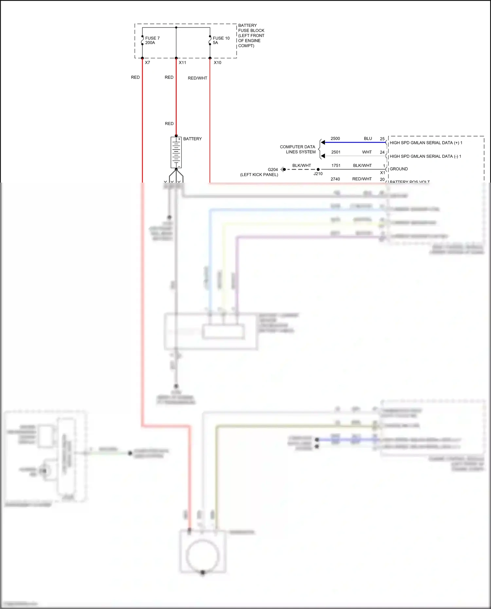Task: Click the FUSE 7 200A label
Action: [x=152, y=41]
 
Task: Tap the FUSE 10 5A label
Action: [x=221, y=41]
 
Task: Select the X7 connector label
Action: [x=148, y=63]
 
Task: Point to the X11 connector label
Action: [x=182, y=63]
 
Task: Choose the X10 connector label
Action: [x=217, y=63]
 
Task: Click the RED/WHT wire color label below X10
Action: [x=197, y=78]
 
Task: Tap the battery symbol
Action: [x=176, y=152]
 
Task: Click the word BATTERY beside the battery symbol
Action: [x=192, y=139]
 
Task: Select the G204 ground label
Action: [x=273, y=170]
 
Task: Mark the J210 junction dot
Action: [x=318, y=170]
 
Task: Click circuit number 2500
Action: [x=335, y=138]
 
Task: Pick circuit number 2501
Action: [x=336, y=152]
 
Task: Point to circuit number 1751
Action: [x=336, y=166]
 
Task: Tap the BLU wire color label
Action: [x=368, y=138]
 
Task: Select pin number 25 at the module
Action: [x=382, y=139]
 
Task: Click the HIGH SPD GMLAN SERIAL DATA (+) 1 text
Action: [x=426, y=143]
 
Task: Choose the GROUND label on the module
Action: [x=399, y=169]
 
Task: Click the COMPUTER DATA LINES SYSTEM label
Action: [x=298, y=149]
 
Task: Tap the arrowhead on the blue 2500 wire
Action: [x=323, y=142]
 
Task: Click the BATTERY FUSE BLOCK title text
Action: [x=251, y=35]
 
